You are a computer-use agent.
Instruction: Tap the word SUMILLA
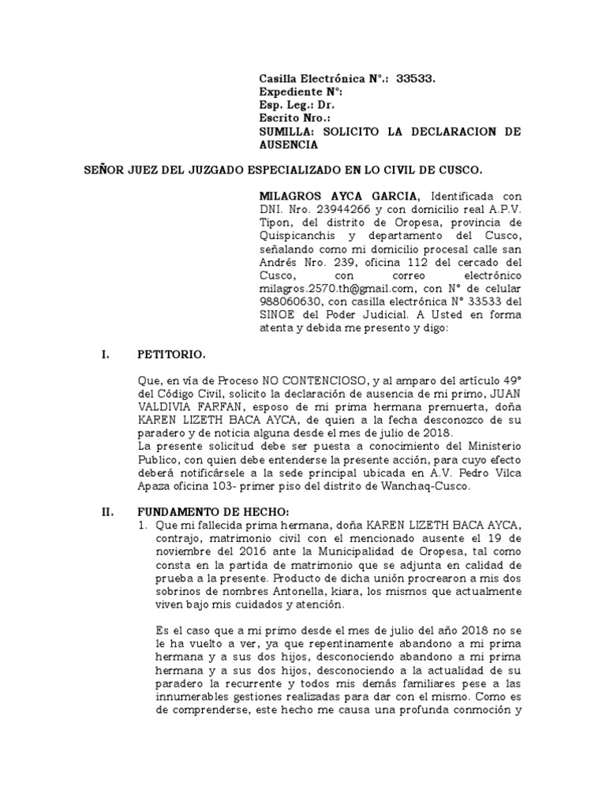coord(286,132)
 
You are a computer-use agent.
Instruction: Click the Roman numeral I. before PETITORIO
coord(105,355)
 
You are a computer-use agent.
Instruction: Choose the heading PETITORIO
coord(171,355)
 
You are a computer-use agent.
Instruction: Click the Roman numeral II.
coord(107,512)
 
